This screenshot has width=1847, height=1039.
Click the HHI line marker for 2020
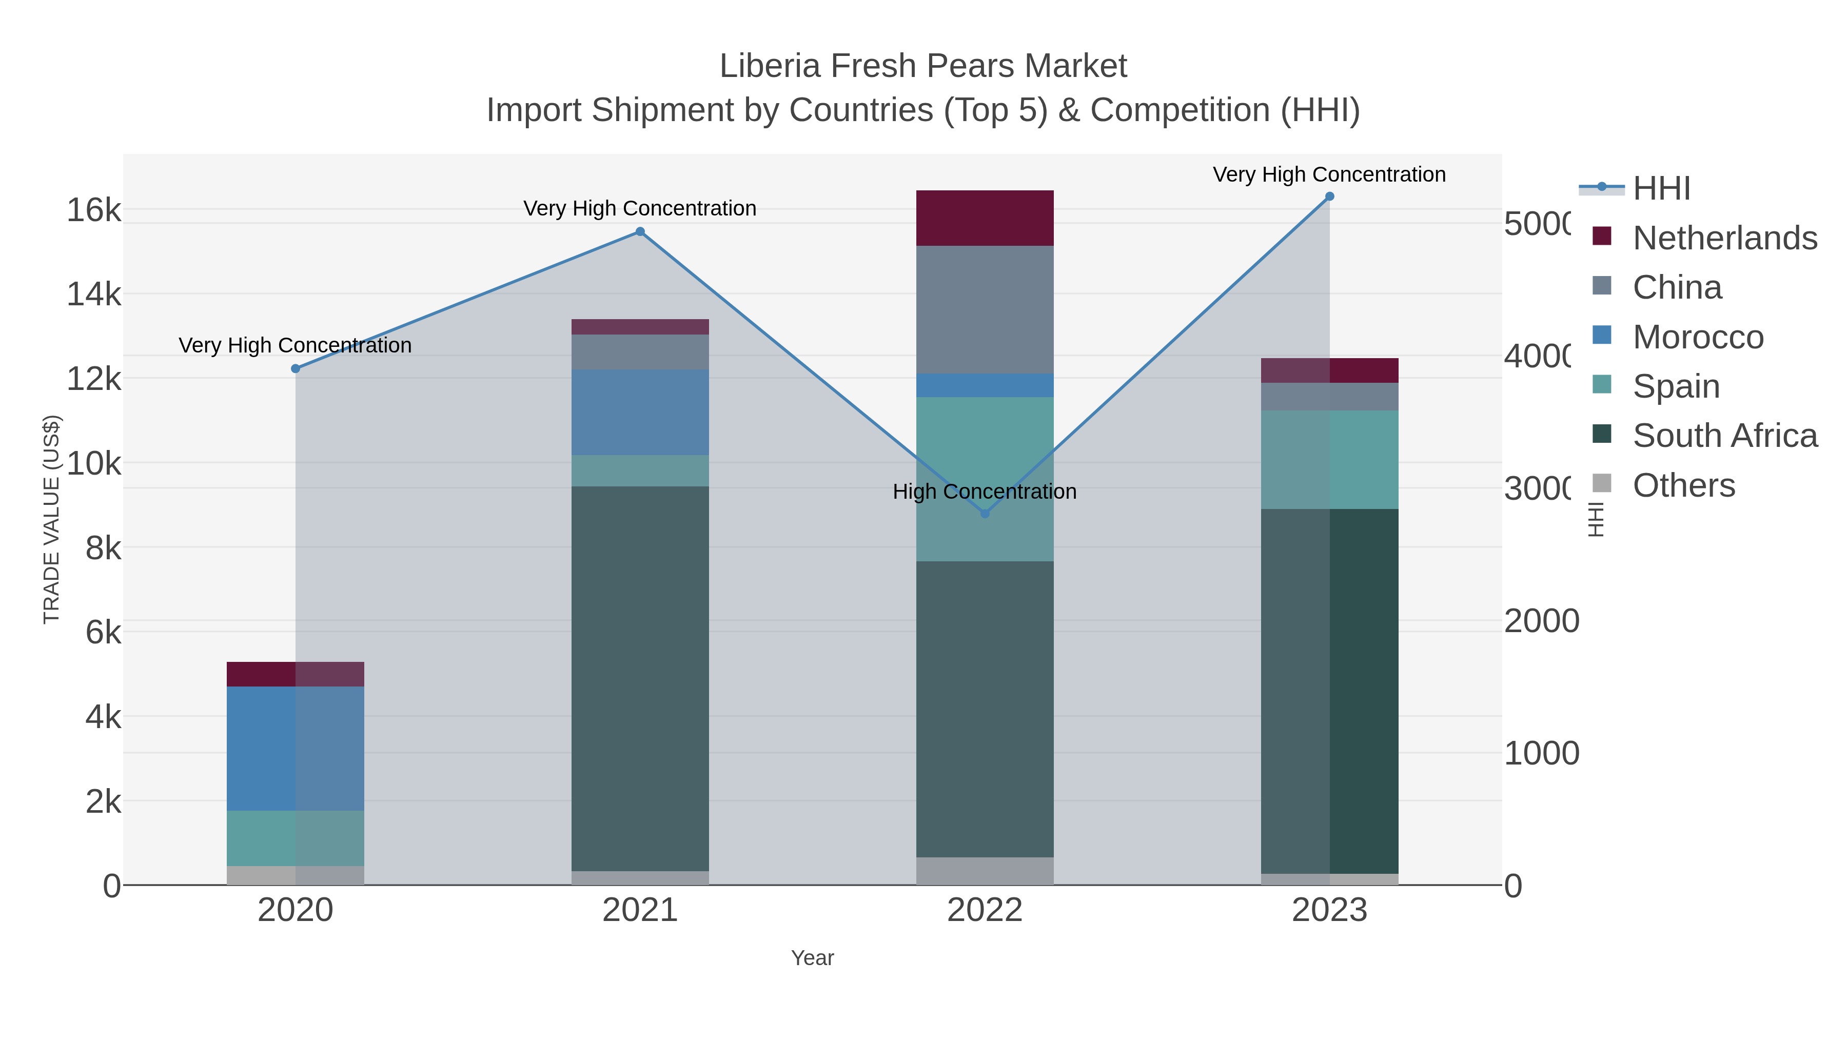(x=296, y=368)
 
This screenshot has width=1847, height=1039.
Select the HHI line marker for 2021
(x=640, y=231)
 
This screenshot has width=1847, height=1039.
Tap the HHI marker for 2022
(x=985, y=514)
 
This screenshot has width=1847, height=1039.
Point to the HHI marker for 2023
(x=1329, y=197)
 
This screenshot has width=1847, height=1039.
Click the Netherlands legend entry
(x=1724, y=238)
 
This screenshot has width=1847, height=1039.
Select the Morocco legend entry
(x=1698, y=337)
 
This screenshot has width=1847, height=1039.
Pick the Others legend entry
(x=1683, y=485)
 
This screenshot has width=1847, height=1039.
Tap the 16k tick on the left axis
(x=94, y=211)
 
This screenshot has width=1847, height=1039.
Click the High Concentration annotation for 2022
(x=985, y=492)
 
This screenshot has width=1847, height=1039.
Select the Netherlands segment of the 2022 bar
(x=985, y=218)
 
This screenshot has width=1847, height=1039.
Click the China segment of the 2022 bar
(x=985, y=310)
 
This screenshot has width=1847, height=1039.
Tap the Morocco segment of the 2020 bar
(x=296, y=749)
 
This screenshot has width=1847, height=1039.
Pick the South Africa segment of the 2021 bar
(x=640, y=678)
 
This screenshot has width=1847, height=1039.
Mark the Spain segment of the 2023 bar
(x=1329, y=460)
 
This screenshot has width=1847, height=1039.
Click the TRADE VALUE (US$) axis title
(x=52, y=519)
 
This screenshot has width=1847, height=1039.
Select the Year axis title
(x=812, y=958)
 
